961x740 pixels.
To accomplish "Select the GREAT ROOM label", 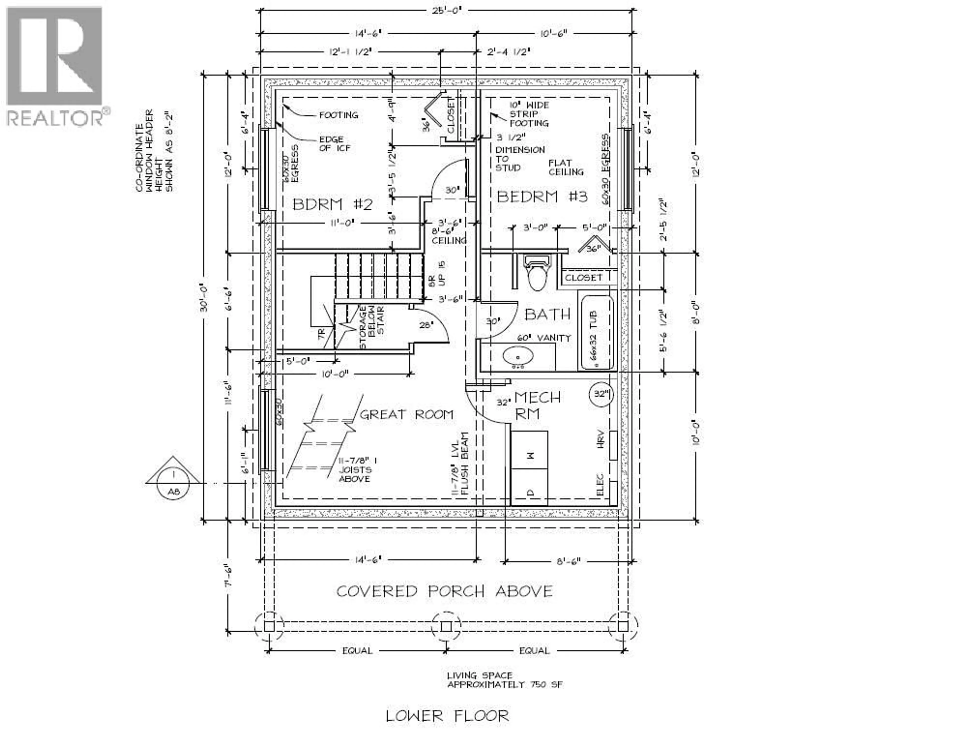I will (407, 414).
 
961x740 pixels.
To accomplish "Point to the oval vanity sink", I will (518, 356).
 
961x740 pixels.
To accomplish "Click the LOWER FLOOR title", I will (447, 715).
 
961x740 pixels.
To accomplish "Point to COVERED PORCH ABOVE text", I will (444, 591).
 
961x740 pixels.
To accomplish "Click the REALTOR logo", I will (55, 66).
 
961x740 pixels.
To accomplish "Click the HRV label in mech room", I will (600, 439).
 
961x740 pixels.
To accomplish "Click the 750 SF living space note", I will (504, 680).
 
